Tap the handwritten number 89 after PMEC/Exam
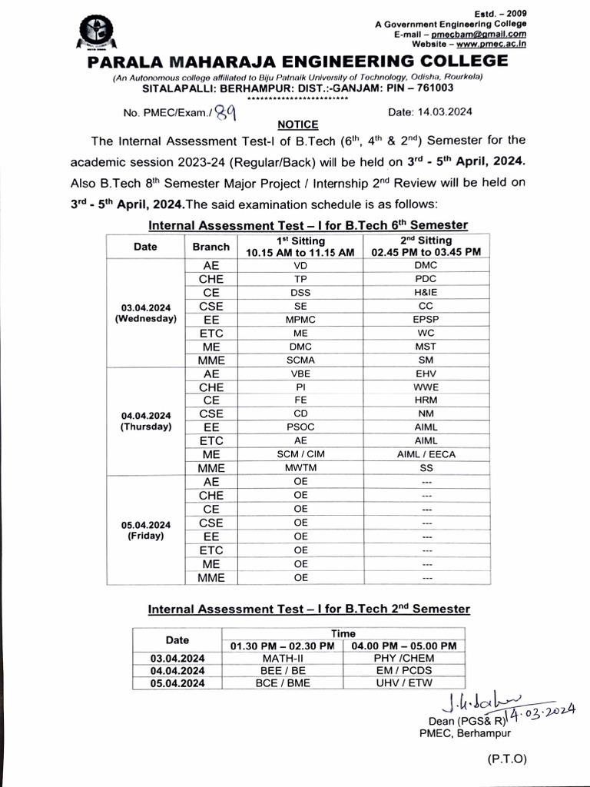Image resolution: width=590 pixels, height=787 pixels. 225,113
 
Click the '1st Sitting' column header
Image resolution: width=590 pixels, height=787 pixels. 300,246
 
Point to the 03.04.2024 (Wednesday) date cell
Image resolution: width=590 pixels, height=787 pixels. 145,312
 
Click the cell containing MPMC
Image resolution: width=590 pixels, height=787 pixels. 300,318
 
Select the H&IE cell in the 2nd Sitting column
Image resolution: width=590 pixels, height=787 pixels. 426,292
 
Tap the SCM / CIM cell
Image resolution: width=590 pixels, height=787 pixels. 300,453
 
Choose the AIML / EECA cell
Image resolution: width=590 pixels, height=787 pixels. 426,453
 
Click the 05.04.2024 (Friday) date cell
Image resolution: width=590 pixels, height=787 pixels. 145,530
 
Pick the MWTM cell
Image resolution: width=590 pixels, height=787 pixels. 300,467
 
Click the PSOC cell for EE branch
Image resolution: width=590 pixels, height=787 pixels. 300,427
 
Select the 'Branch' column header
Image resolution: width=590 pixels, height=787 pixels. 210,247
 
